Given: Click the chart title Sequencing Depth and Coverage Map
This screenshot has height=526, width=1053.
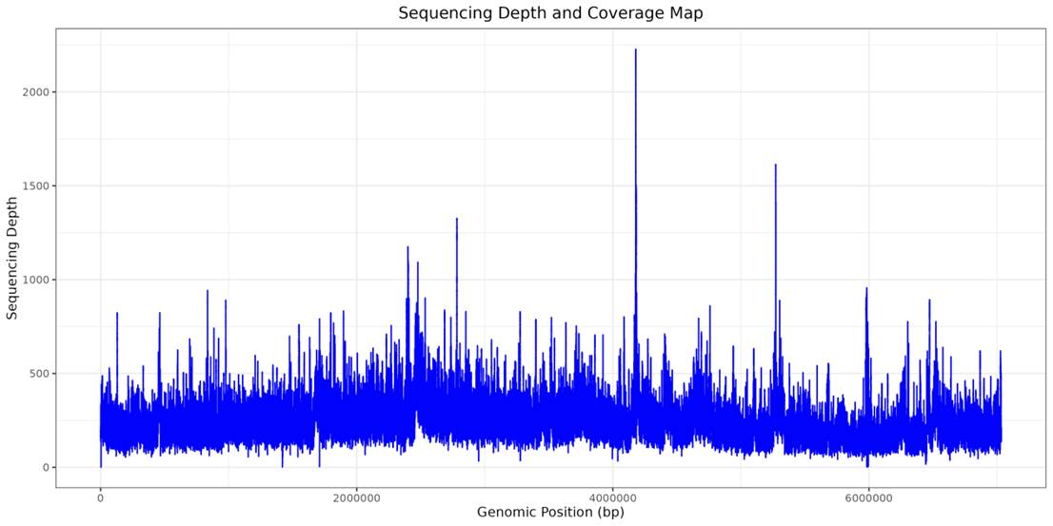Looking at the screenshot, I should (550, 13).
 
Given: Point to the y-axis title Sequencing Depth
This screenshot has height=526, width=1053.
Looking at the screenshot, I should (12, 258).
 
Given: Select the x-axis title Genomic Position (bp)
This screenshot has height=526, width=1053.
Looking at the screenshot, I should (550, 513).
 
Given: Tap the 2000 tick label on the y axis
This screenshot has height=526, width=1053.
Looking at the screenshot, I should (37, 92).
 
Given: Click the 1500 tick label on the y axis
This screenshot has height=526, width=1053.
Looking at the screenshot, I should (37, 186).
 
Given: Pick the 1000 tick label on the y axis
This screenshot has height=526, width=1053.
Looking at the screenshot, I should (37, 280).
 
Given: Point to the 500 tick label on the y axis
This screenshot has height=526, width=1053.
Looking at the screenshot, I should (40, 374).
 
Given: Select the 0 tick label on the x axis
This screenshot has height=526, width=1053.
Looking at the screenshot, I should (100, 496).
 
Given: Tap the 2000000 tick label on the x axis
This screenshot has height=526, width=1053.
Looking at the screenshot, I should (357, 496).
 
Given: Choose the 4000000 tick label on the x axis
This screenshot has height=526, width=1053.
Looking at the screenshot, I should (613, 496).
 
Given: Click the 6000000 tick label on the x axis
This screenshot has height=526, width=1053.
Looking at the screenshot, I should (869, 496).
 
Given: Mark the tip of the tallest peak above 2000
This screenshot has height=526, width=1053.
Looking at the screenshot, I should (635, 50).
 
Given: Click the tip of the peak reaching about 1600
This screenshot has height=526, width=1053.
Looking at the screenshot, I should (775, 166).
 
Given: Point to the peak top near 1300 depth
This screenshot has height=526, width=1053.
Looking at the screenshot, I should (457, 220).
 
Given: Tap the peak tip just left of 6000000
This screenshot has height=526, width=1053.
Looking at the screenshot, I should (866, 289).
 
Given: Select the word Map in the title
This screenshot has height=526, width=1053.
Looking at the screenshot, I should (685, 13).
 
